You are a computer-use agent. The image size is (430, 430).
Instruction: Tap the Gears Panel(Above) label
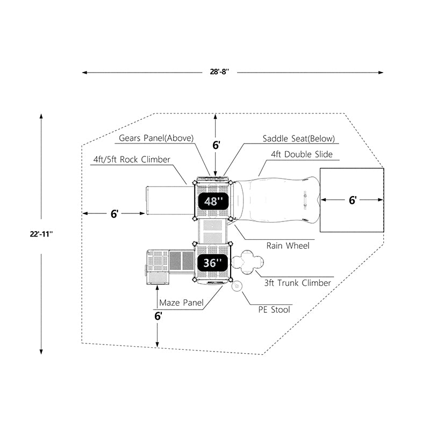156,139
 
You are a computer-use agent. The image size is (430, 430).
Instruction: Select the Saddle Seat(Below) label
298,139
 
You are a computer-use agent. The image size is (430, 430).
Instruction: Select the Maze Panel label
181,303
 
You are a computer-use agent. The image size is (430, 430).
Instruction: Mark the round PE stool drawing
236,286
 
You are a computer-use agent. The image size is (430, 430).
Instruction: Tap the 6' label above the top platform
216,145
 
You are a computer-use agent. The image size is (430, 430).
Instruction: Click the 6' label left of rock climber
114,214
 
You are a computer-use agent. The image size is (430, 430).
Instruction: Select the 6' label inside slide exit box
353,200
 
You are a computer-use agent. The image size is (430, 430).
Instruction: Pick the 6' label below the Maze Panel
158,317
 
